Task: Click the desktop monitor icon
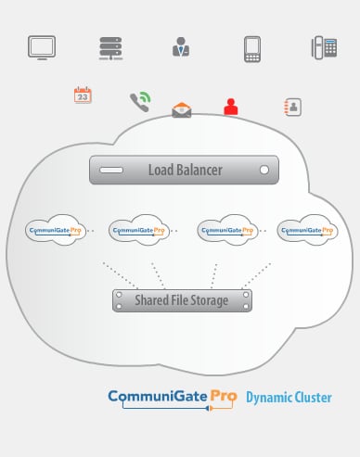[x=42, y=48]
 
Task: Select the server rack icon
[x=111, y=48]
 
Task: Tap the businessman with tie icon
[x=181, y=48]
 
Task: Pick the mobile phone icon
[x=251, y=49]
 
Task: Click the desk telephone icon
[x=324, y=48]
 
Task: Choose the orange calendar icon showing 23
[x=83, y=95]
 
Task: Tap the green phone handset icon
[x=140, y=100]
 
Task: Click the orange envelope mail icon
[x=182, y=110]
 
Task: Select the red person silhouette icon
[x=231, y=106]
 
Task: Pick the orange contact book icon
[x=292, y=107]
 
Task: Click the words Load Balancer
[x=186, y=171]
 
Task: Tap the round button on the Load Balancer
[x=264, y=171]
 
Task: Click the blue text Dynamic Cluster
[x=288, y=399]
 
